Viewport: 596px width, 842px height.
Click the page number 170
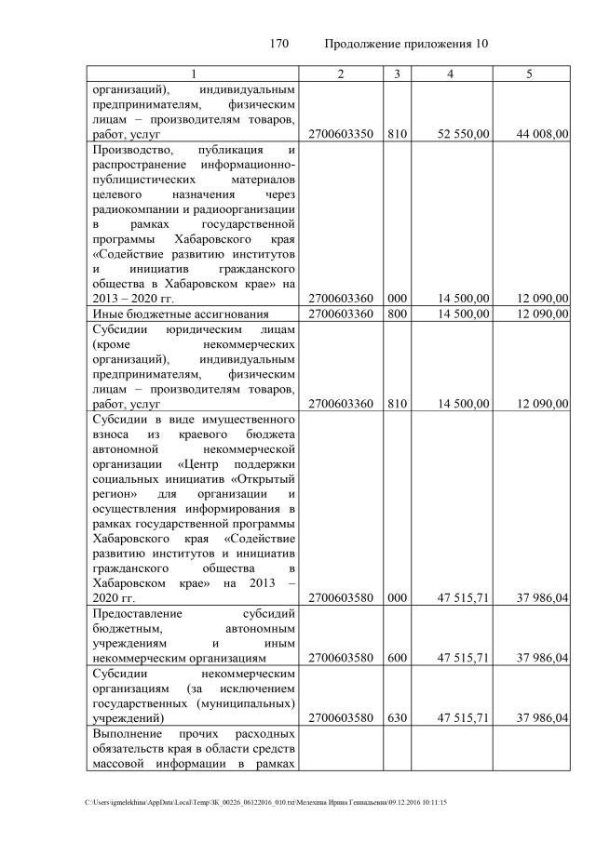point(279,44)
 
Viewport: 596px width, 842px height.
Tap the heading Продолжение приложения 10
point(407,44)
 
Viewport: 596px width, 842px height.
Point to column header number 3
point(398,74)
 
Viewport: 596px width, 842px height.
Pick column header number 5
point(529,74)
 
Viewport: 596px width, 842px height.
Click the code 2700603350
point(341,134)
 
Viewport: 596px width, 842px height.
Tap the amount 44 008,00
point(542,134)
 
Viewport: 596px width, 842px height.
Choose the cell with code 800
point(398,314)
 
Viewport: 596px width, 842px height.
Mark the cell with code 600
point(398,659)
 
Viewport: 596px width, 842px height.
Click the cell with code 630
point(398,719)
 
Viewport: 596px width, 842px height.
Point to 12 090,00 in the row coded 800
point(542,314)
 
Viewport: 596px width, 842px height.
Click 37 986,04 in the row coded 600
point(542,659)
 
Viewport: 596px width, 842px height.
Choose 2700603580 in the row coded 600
point(341,659)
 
